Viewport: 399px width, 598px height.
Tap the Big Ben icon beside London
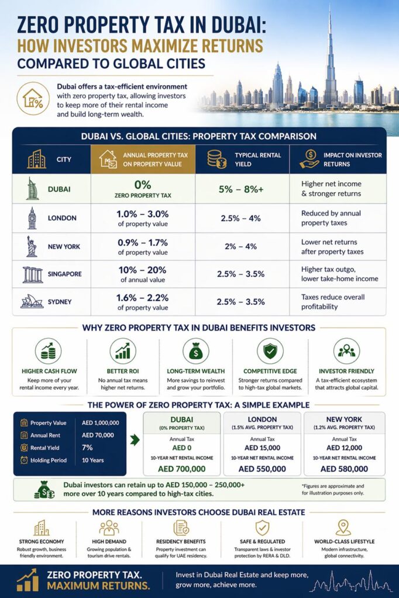click(x=32, y=218)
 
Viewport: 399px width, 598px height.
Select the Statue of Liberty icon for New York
click(x=32, y=246)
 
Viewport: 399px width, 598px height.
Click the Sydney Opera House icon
click(x=32, y=301)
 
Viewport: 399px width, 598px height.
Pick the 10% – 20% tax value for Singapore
click(x=143, y=270)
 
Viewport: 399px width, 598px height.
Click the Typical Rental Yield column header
click(x=257, y=159)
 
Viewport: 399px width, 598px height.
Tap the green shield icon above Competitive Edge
click(x=270, y=351)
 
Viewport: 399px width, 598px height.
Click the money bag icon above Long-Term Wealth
click(x=195, y=351)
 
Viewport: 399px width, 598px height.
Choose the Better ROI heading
click(x=122, y=371)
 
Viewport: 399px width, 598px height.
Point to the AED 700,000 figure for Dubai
click(x=181, y=468)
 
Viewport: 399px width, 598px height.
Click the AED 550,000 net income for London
click(x=262, y=468)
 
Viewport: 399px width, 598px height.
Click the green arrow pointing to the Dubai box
click(x=135, y=440)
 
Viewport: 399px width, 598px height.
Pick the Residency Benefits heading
click(x=181, y=541)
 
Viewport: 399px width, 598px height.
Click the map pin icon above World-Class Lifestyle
click(x=342, y=527)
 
